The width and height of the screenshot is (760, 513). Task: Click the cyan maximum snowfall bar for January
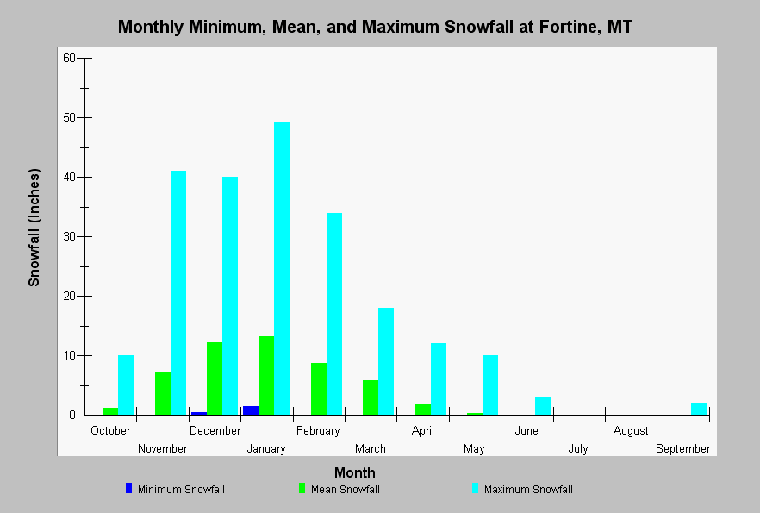(x=282, y=269)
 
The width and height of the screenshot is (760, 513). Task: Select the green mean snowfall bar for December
(x=215, y=378)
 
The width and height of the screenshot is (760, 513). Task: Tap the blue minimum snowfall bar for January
(x=251, y=410)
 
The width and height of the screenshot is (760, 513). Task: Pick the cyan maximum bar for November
(x=178, y=293)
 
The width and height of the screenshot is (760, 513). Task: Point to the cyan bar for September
(x=699, y=409)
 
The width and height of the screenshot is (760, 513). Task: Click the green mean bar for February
(x=319, y=389)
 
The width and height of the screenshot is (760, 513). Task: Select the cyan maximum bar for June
(x=542, y=406)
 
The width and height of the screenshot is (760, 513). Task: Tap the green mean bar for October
(x=110, y=411)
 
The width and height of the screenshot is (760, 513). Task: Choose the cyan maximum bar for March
(x=386, y=361)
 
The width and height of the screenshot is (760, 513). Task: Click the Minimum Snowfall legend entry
(x=176, y=489)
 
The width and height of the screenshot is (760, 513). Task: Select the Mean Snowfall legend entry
(x=340, y=489)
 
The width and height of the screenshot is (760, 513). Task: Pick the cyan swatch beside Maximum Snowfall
(x=475, y=488)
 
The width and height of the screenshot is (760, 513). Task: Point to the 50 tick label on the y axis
(x=69, y=118)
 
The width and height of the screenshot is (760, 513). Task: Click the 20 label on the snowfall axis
(x=69, y=297)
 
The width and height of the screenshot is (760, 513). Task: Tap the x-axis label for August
(x=631, y=430)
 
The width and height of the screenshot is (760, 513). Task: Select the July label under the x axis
(x=577, y=449)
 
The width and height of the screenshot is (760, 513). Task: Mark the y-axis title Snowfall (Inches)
(x=34, y=228)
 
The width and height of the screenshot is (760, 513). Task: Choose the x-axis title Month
(x=355, y=472)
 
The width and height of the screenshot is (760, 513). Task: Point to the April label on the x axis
(x=422, y=430)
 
